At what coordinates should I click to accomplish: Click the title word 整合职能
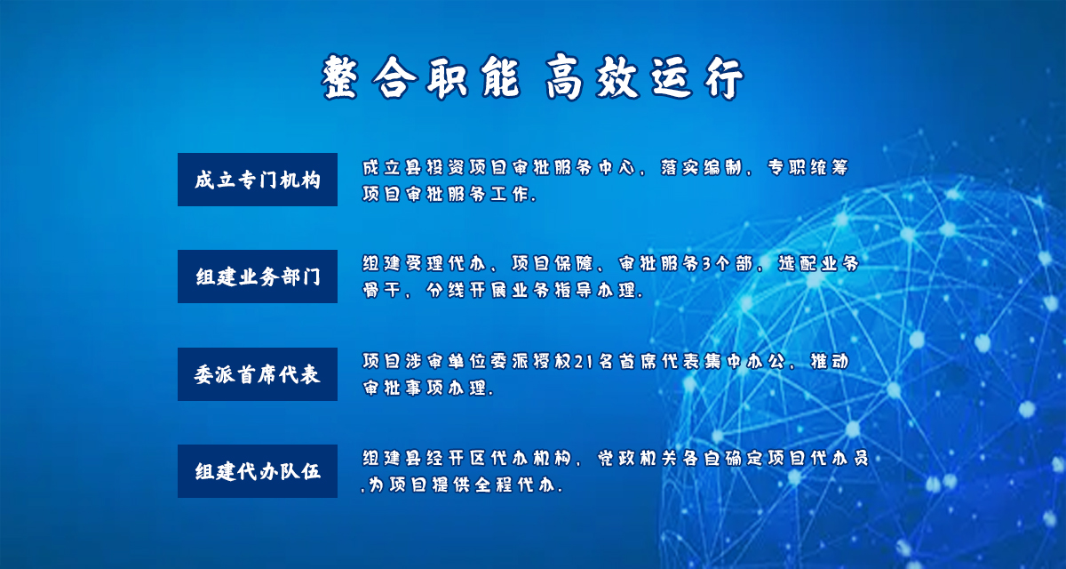[421, 77]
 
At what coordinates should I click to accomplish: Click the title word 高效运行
[644, 77]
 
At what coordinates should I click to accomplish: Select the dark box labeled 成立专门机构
[258, 180]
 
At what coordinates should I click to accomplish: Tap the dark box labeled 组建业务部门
[258, 276]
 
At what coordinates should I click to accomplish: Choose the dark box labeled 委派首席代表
[258, 373]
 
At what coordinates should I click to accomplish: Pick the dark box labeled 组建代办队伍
[258, 471]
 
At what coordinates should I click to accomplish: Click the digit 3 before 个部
[706, 264]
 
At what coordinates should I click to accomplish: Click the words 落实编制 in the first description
[701, 167]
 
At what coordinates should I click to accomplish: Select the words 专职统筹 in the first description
[807, 167]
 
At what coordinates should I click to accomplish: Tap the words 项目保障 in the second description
[552, 263]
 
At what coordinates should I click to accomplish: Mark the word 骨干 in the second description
[381, 290]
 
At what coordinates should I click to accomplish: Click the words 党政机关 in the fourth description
[638, 458]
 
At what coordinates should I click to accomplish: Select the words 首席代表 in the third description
[659, 362]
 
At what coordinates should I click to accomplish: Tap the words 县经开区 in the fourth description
[445, 458]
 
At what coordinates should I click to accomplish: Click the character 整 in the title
[339, 77]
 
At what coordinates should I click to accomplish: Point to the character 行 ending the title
[724, 78]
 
